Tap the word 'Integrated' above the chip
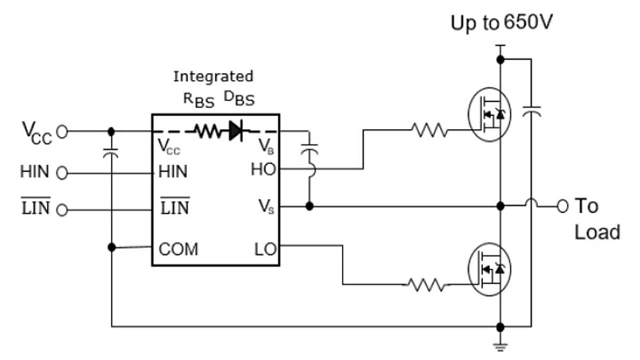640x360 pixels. [213, 76]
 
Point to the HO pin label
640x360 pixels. [263, 170]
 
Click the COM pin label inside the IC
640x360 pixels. [178, 249]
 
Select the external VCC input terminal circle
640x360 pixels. [62, 131]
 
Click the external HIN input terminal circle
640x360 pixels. [62, 173]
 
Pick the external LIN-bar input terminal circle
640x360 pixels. [62, 210]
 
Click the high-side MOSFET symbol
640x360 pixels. [490, 114]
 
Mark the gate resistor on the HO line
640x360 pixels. [429, 129]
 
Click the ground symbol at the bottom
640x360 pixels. [500, 346]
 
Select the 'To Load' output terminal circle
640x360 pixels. [562, 206]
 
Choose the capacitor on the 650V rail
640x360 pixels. [531, 111]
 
